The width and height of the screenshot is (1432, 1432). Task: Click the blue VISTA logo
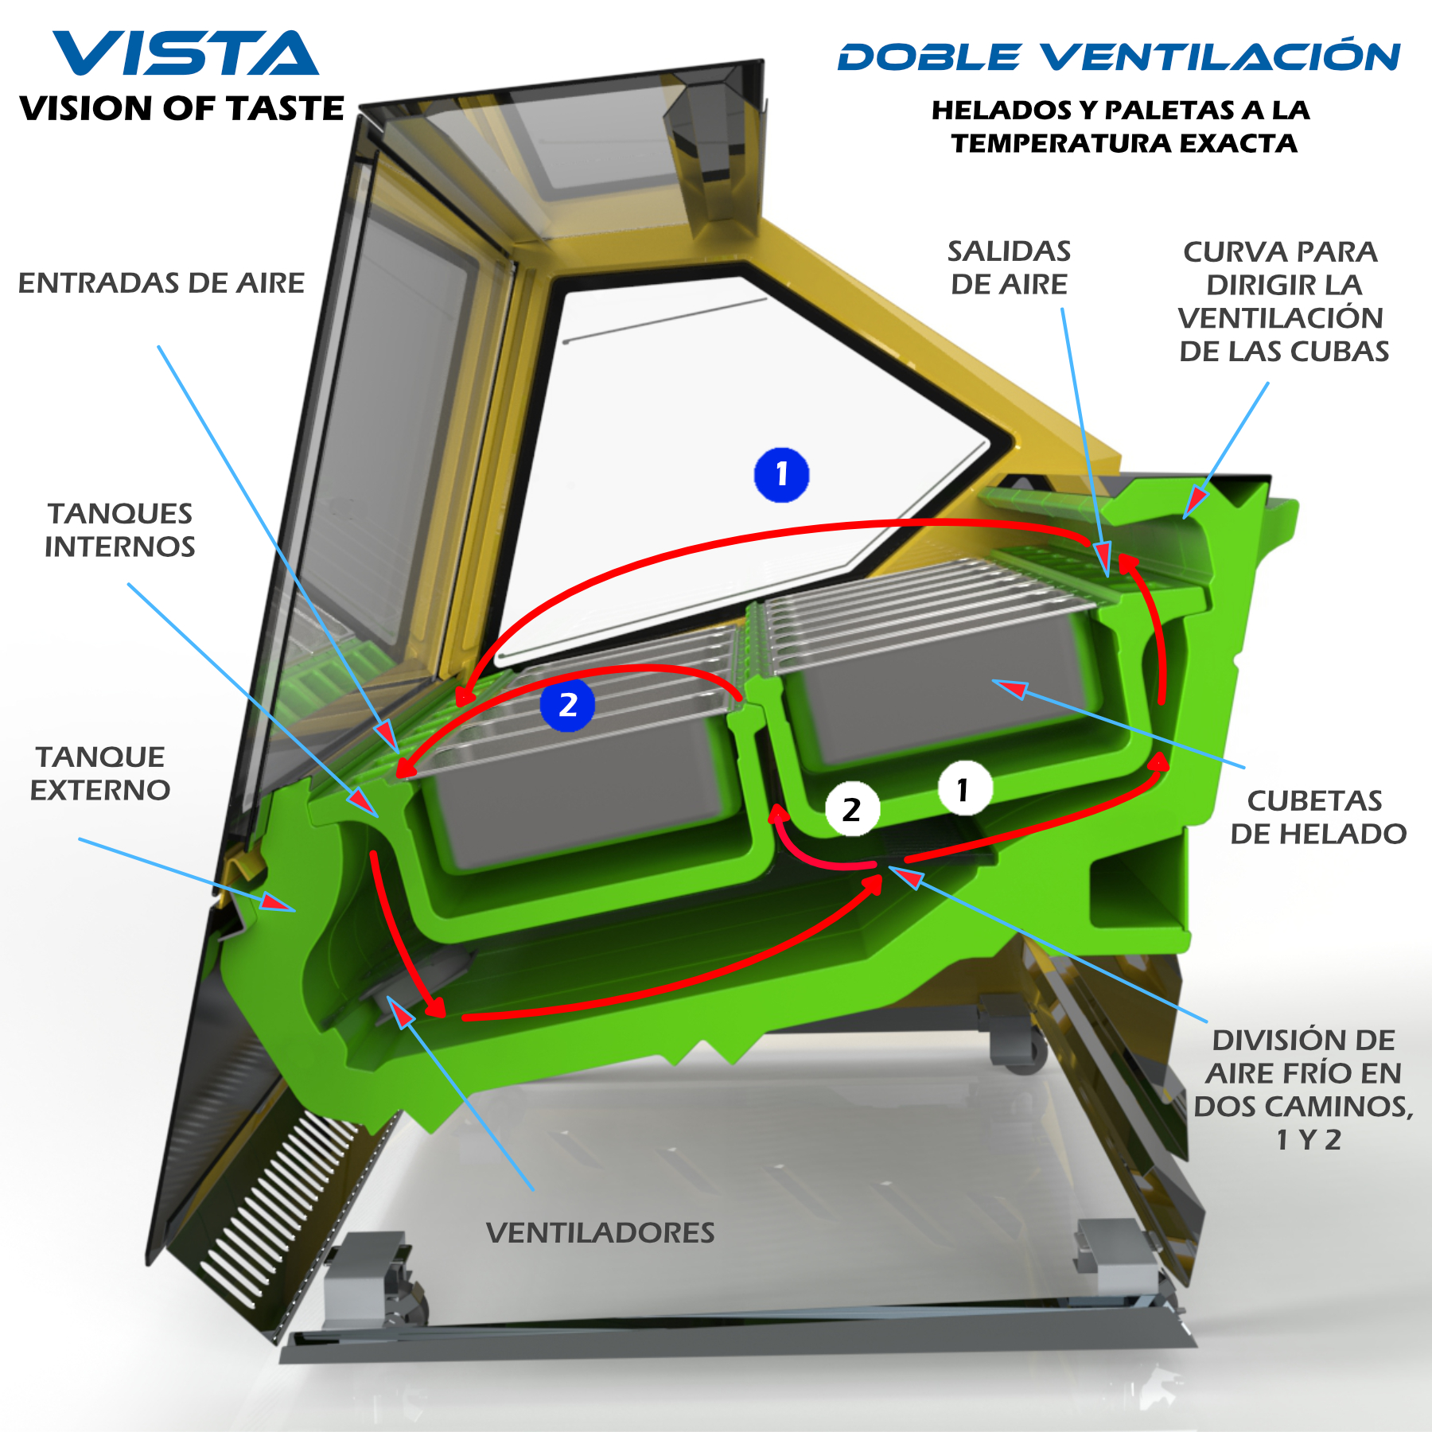point(185,54)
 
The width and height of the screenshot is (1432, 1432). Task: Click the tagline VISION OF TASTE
point(181,108)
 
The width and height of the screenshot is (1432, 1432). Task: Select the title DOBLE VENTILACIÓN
point(1119,57)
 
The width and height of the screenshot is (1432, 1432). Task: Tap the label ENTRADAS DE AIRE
point(161,283)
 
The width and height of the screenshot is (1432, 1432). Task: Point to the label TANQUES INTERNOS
point(119,530)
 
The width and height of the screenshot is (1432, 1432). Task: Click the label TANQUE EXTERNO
point(100,773)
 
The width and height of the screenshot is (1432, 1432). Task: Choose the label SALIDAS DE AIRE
point(1009,267)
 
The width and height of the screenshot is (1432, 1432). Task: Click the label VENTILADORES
point(600,1233)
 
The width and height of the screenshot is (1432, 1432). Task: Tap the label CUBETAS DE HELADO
point(1317,817)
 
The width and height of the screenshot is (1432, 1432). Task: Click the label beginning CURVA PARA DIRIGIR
point(1282,302)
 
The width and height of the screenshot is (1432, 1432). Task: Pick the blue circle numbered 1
point(781,475)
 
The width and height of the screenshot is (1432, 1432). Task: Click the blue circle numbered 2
point(567,705)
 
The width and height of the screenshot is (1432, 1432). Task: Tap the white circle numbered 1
point(964,789)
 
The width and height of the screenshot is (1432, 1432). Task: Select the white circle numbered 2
point(852,809)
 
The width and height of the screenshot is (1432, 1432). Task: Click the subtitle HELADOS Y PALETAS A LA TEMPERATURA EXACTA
point(1120,126)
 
